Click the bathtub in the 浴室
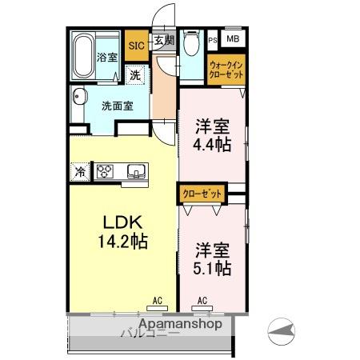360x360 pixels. coord(83,55)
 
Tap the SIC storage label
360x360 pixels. coord(135,46)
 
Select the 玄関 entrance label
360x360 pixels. coord(162,40)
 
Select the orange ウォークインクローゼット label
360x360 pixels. coord(226,69)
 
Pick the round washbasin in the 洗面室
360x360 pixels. coord(78,100)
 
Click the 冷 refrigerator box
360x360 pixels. coord(80,171)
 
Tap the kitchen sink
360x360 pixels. coord(134,170)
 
